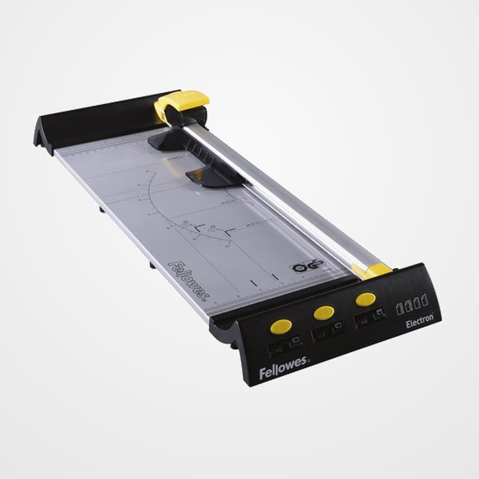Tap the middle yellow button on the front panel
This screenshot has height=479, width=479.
(324, 312)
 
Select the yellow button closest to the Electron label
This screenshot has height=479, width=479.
(365, 299)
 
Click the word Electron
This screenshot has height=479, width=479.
(419, 322)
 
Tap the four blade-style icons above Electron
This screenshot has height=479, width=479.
(412, 302)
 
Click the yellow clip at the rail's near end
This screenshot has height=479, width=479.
(371, 270)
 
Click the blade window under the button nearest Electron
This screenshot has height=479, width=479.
(370, 316)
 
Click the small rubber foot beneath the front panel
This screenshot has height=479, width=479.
(233, 346)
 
